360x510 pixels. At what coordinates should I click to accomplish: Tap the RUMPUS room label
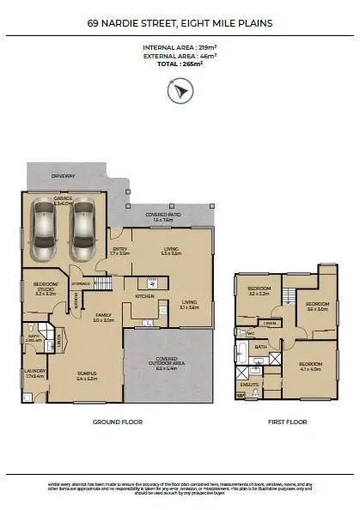[x=87, y=375]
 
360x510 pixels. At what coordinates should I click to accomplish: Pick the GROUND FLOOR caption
[x=117, y=422]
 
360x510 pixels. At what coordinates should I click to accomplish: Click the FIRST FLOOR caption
[x=288, y=422]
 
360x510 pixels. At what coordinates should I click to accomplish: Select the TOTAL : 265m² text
[x=180, y=64]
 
